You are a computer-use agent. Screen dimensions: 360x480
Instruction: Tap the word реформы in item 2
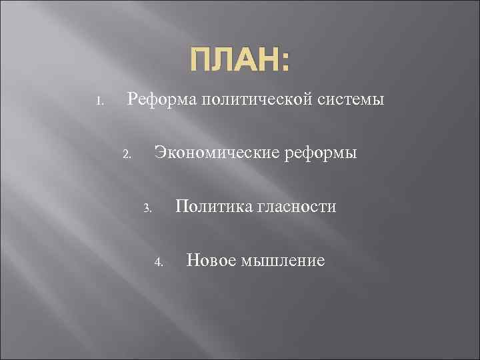[x=321, y=154]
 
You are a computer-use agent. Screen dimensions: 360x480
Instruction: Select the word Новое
[x=208, y=260]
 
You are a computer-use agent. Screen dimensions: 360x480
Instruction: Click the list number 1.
[x=98, y=103]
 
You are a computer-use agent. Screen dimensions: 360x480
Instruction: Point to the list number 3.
[x=147, y=209]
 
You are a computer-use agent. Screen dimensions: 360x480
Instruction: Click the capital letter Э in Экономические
[x=160, y=153]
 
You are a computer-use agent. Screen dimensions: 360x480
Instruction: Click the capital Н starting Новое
[x=192, y=260]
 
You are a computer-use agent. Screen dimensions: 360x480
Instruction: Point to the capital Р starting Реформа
[x=132, y=100]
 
